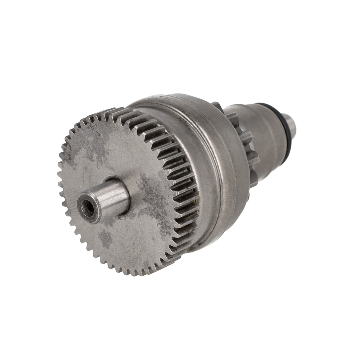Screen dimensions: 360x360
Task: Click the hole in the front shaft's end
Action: [x=88, y=209]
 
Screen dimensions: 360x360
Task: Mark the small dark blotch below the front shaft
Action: [x=106, y=238]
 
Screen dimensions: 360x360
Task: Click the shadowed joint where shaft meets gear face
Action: [x=125, y=213]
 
